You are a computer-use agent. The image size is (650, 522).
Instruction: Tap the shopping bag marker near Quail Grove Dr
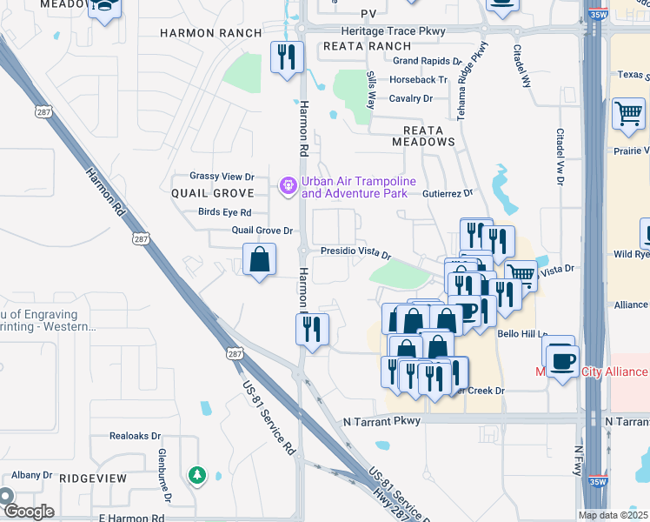click(x=259, y=259)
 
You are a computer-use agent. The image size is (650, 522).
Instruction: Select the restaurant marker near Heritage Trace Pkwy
click(x=286, y=58)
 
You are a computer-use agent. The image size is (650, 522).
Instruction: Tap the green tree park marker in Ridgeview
click(x=197, y=475)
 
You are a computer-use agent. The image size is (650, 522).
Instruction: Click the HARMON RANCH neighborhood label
click(x=211, y=33)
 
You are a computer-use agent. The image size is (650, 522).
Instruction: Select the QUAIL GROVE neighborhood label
click(x=212, y=193)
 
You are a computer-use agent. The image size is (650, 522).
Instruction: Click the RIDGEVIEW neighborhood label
click(x=93, y=478)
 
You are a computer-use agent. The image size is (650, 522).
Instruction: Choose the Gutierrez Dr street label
click(x=448, y=193)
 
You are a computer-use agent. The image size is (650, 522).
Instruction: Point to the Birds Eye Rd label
click(x=224, y=212)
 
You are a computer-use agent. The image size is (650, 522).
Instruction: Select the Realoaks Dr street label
click(x=136, y=436)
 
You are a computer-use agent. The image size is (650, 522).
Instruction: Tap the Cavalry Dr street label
click(x=410, y=98)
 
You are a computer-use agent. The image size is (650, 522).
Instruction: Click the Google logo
click(x=28, y=511)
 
